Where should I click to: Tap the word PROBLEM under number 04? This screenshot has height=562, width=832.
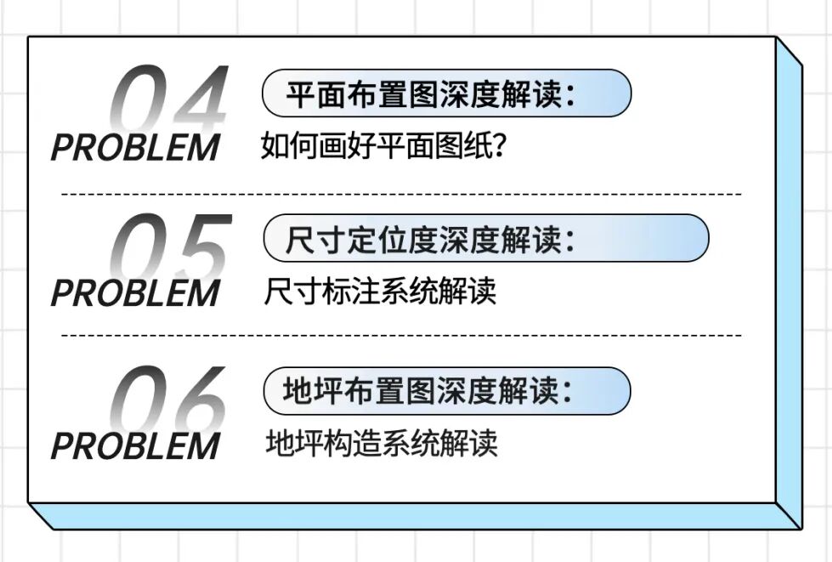[x=135, y=147]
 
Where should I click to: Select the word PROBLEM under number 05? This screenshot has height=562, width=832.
[x=135, y=293]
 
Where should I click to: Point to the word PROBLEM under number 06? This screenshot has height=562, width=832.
[x=135, y=446]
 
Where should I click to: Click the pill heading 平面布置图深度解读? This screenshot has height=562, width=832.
[x=446, y=94]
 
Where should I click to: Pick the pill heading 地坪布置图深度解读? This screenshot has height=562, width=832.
[x=447, y=391]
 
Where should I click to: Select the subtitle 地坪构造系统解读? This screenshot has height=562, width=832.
[x=381, y=443]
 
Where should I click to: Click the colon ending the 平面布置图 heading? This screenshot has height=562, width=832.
[x=569, y=95]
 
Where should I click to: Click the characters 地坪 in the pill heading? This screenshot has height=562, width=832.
[x=315, y=391]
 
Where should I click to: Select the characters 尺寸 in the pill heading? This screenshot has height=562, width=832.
[x=315, y=240]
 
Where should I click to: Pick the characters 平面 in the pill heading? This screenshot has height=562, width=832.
[x=315, y=94]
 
